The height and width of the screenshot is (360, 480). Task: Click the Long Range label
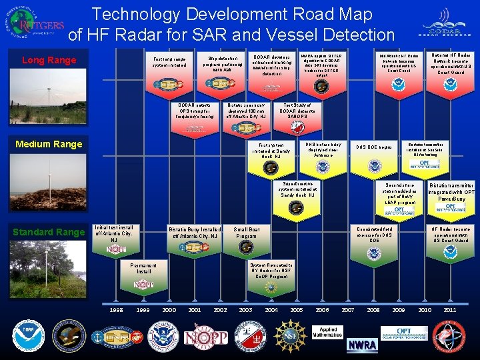49,61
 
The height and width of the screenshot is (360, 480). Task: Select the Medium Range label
49,144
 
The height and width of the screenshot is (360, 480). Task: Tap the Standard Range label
49,232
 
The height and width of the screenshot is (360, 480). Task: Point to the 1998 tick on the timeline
116,310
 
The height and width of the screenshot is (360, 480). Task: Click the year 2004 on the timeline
271,310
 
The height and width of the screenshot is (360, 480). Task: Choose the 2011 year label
450,310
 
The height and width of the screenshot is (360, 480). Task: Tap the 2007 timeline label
347,310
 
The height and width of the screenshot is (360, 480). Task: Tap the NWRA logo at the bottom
362,345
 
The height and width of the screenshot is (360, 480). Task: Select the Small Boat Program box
247,233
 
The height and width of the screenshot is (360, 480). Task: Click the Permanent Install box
144,268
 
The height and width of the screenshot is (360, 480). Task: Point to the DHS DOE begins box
374,147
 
